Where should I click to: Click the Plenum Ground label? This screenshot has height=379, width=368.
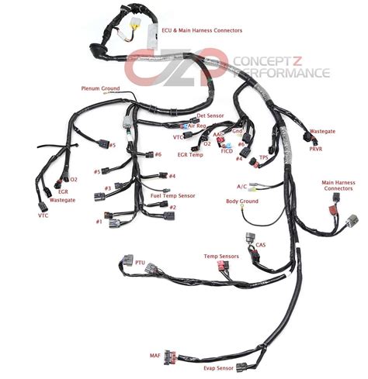pyautogui.click(x=100, y=88)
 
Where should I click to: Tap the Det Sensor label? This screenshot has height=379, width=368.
pyautogui.click(x=210, y=115)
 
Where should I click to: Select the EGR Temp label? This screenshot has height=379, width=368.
pyautogui.click(x=190, y=155)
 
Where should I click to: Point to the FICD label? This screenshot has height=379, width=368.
pyautogui.click(x=227, y=151)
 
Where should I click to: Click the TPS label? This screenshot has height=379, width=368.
pyautogui.click(x=264, y=157)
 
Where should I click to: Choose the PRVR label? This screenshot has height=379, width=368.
pyautogui.click(x=316, y=149)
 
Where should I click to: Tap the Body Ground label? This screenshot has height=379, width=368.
pyautogui.click(x=242, y=202)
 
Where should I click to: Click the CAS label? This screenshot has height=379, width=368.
pyautogui.click(x=261, y=245)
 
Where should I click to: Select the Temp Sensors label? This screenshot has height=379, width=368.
pyautogui.click(x=221, y=257)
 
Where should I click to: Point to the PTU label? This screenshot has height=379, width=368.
pyautogui.click(x=140, y=263)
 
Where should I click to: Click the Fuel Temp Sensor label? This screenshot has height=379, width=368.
pyautogui.click(x=173, y=196)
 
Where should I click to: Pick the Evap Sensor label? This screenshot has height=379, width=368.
pyautogui.click(x=218, y=368)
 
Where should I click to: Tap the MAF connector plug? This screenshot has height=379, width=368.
pyautogui.click(x=170, y=357)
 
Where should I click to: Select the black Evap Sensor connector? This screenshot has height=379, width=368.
pyautogui.click(x=241, y=367)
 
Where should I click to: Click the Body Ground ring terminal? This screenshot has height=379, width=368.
pyautogui.click(x=242, y=206)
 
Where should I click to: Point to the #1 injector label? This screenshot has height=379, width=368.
pyautogui.click(x=99, y=222)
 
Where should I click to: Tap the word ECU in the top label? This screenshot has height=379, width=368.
pyautogui.click(x=167, y=30)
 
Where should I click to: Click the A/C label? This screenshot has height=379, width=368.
pyautogui.click(x=241, y=187)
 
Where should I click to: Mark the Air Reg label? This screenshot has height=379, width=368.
pyautogui.click(x=197, y=126)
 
